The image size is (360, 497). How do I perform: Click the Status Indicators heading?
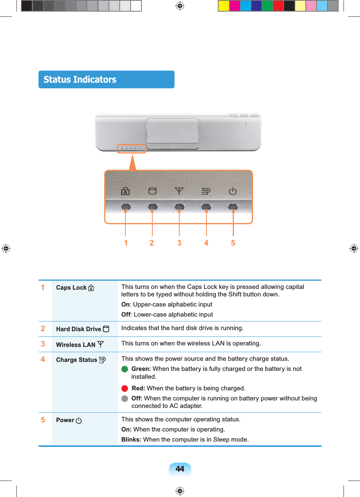[80, 80]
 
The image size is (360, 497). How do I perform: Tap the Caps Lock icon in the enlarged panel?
[125, 191]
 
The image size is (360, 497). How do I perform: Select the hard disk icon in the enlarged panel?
[152, 191]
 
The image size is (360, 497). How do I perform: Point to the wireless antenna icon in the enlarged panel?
[179, 191]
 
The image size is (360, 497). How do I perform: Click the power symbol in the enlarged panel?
[233, 191]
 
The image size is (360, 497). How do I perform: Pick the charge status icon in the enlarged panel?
[206, 191]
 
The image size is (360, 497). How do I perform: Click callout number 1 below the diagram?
[126, 243]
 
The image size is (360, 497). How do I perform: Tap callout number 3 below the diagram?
[179, 243]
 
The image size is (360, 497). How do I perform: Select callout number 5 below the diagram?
[233, 243]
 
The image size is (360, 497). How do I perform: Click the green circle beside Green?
[125, 369]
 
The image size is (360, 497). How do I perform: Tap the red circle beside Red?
[125, 388]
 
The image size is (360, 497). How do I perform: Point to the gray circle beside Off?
[125, 399]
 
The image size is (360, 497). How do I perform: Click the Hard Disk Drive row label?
[79, 329]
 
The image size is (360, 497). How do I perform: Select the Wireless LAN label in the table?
[76, 345]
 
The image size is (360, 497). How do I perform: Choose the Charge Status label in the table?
[77, 360]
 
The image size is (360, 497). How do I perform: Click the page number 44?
[180, 469]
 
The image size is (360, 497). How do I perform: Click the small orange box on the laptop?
[131, 149]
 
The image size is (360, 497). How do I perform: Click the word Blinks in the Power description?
[131, 439]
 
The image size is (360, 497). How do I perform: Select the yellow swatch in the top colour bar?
[223, 6]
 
